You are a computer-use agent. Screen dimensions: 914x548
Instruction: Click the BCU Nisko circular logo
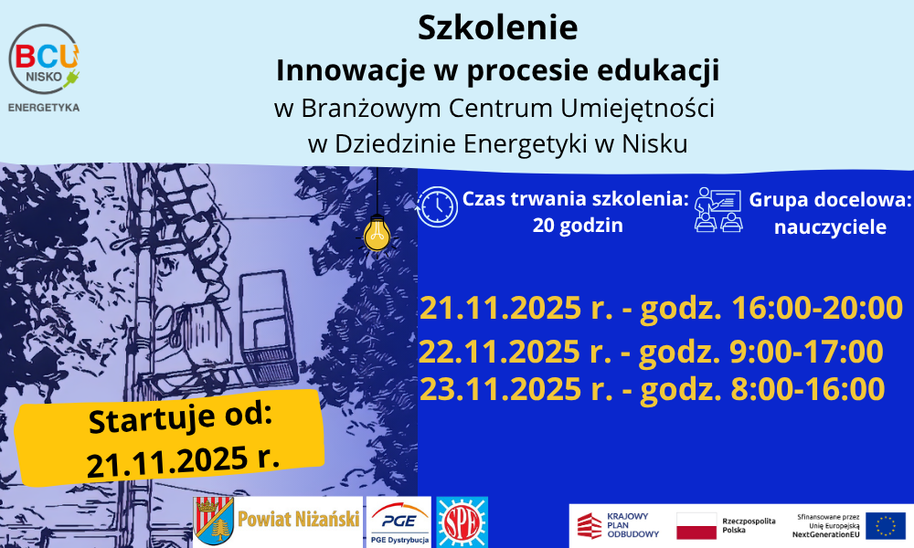pyautogui.click(x=44, y=58)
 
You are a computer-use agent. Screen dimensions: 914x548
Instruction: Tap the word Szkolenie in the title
pyautogui.click(x=498, y=27)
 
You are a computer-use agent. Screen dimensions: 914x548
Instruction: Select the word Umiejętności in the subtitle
pyautogui.click(x=638, y=109)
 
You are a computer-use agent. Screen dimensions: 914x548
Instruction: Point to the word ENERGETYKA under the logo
pyautogui.click(x=44, y=107)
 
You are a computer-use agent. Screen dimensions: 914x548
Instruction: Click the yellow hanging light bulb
pyautogui.click(x=377, y=235)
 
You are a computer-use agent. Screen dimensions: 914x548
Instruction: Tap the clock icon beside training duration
pyautogui.click(x=437, y=206)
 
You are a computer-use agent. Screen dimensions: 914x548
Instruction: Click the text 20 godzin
pyautogui.click(x=578, y=226)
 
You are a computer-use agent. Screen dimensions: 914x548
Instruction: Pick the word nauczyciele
pyautogui.click(x=830, y=227)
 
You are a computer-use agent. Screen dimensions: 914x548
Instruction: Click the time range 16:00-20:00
pyautogui.click(x=816, y=308)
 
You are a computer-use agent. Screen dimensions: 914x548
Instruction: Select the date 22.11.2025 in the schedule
pyautogui.click(x=500, y=351)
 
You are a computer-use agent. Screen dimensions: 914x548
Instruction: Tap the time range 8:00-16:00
pyautogui.click(x=808, y=389)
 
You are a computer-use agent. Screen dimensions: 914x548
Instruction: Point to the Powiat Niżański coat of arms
pyautogui.click(x=213, y=521)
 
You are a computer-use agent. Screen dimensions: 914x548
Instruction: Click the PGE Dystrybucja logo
pyautogui.click(x=399, y=522)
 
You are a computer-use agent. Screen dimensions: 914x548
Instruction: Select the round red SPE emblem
pyautogui.click(x=462, y=522)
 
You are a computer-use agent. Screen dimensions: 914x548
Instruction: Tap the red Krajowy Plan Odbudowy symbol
pyautogui.click(x=589, y=525)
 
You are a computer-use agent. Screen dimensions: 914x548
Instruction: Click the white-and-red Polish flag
pyautogui.click(x=696, y=526)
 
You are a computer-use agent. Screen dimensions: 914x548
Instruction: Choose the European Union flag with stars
pyautogui.click(x=885, y=525)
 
